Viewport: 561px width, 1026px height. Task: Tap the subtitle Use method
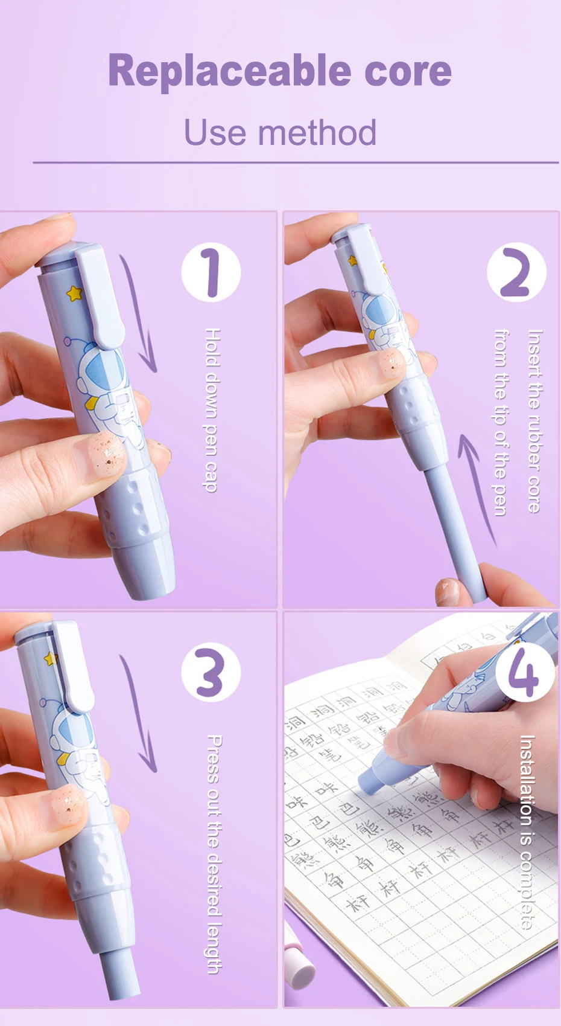(x=280, y=133)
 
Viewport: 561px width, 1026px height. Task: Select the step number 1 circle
(x=211, y=272)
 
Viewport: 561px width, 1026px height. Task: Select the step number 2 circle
(x=516, y=272)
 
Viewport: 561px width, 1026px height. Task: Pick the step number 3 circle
(x=211, y=672)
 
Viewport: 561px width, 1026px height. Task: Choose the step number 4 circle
(x=523, y=672)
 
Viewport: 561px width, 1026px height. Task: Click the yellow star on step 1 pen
(x=74, y=293)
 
